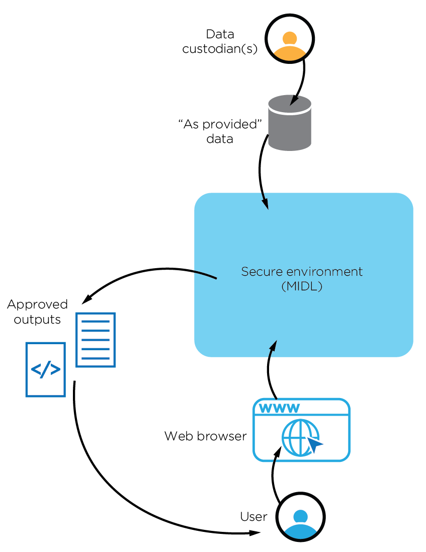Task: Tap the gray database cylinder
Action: click(290, 123)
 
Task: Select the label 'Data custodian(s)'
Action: click(220, 42)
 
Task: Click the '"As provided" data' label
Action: click(220, 131)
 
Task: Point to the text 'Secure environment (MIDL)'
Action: click(302, 279)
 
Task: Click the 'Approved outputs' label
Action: click(37, 311)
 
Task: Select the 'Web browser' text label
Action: click(205, 436)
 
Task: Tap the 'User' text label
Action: click(253, 517)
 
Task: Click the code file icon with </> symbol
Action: click(46, 369)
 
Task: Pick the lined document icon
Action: click(96, 340)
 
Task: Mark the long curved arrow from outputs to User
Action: click(116, 483)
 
